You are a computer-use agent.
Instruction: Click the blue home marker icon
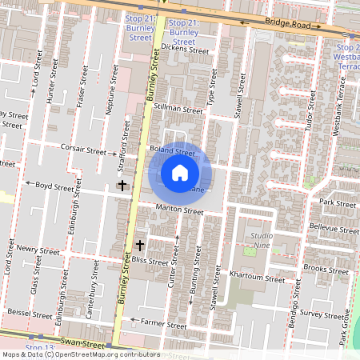click(180, 173)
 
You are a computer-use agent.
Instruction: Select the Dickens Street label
click(184, 50)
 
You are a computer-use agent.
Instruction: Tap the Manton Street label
click(180, 210)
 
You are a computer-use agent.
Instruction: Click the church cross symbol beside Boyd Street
click(122, 186)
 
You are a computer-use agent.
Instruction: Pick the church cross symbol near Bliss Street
click(140, 244)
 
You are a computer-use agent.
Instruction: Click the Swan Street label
click(82, 342)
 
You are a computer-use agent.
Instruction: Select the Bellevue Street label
click(335, 228)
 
